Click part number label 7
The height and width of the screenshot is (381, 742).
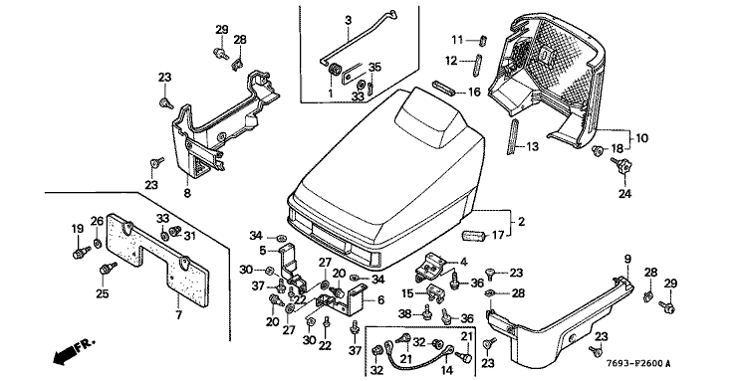click(x=179, y=314)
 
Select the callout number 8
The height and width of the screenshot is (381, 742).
click(x=187, y=193)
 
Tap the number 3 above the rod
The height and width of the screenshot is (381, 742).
click(x=349, y=20)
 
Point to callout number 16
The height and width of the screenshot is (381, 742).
click(x=474, y=92)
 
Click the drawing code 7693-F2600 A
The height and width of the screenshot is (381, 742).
click(x=638, y=363)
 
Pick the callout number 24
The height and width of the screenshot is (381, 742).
click(x=624, y=193)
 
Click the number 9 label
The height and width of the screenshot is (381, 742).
click(x=627, y=259)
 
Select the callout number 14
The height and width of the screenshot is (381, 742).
click(x=447, y=370)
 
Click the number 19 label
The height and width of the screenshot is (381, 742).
click(x=78, y=229)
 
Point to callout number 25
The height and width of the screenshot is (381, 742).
click(x=103, y=294)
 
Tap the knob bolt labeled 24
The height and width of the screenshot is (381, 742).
click(x=620, y=166)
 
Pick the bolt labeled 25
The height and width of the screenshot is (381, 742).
click(x=108, y=270)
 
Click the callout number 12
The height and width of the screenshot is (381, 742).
click(x=451, y=61)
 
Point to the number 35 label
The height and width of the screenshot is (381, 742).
click(x=374, y=67)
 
